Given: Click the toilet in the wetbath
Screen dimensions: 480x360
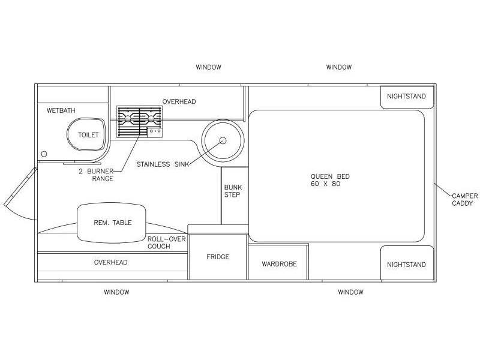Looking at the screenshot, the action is [86, 134].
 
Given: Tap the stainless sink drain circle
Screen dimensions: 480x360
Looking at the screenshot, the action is [223, 140].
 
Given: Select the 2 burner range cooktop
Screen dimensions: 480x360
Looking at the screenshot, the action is [139, 122].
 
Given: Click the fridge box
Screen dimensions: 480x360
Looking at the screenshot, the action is [218, 257].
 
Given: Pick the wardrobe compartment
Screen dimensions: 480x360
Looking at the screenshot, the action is [278, 262].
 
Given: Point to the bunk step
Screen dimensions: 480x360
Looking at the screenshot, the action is [235, 196].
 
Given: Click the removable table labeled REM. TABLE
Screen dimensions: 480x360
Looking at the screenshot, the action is [112, 223].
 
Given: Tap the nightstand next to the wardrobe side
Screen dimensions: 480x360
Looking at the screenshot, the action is [407, 263].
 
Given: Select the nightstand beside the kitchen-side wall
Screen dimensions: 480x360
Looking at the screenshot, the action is [407, 97].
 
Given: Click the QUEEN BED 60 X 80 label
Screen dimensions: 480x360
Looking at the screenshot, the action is [330, 180].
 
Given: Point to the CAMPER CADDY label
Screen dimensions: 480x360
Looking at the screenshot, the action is [464, 200].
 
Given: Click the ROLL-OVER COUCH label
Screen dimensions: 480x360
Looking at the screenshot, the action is [167, 242].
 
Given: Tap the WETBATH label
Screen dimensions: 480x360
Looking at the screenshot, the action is [61, 110].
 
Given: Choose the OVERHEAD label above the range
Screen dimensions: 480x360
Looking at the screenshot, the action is [179, 101].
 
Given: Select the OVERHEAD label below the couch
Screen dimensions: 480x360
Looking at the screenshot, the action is [110, 262].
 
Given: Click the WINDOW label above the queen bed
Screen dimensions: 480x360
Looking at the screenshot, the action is [339, 67].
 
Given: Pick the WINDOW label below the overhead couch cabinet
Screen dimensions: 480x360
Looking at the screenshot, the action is [116, 292].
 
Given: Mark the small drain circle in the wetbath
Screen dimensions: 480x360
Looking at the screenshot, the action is [44, 154].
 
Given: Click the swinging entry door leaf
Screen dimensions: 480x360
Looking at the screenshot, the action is [20, 187].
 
